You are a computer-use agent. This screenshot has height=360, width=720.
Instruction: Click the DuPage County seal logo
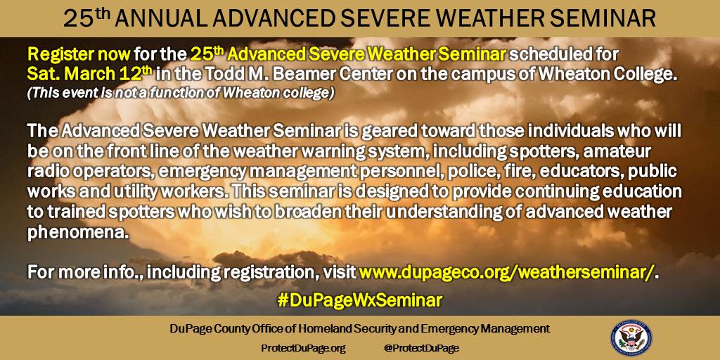pos(631,338)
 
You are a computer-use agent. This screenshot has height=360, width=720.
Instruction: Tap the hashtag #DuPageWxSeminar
pos(359,300)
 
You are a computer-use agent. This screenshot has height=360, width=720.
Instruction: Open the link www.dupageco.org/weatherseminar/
pos(506,273)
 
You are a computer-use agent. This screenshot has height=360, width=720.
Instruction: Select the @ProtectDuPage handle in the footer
pos(421,348)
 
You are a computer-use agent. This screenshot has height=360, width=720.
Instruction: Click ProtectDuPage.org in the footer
pos(303,348)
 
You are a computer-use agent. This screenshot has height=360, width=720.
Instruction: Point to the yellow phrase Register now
pos(79,55)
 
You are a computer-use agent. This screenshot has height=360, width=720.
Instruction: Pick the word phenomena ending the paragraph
pos(76,233)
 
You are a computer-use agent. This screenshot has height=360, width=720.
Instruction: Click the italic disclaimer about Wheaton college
pos(181,93)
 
